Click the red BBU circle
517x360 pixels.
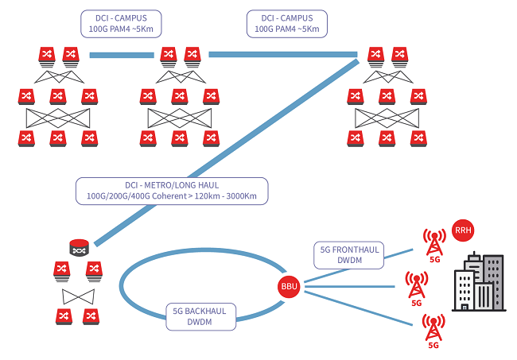(288, 285)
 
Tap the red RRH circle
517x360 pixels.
(462, 230)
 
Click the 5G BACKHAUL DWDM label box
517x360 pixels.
(198, 316)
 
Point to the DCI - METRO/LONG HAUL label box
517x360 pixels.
(172, 192)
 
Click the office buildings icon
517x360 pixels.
(477, 283)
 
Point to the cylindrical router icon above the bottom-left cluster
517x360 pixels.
(79, 249)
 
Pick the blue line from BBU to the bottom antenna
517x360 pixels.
(358, 306)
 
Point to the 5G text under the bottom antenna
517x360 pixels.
(433, 345)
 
